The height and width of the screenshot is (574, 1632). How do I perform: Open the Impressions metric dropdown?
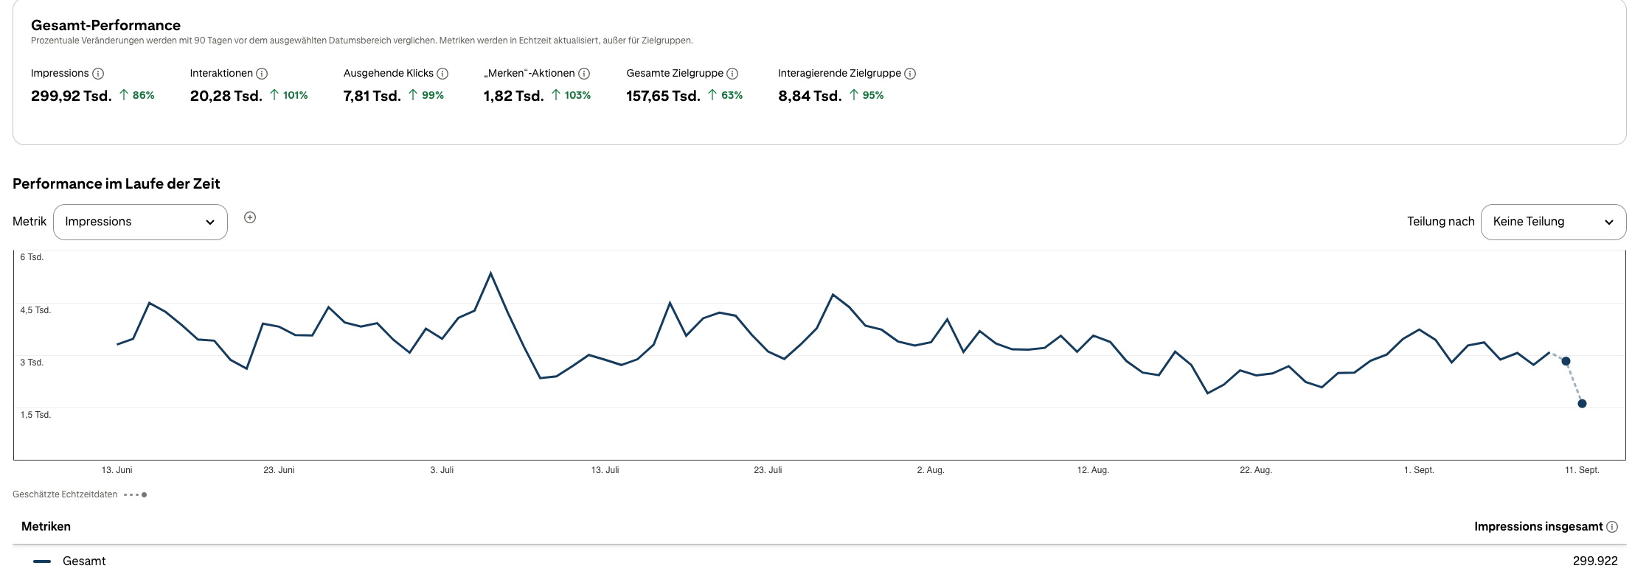(140, 222)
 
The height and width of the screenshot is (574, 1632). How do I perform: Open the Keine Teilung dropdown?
(1553, 222)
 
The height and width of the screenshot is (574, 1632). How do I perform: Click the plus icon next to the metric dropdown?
(250, 217)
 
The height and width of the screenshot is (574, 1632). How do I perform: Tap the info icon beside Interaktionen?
(262, 74)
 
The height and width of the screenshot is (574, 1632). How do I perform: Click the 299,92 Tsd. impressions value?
(72, 96)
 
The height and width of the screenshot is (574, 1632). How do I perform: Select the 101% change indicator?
(289, 95)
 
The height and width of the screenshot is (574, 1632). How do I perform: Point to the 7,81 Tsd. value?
(372, 96)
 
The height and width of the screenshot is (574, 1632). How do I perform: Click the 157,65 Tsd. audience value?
(664, 96)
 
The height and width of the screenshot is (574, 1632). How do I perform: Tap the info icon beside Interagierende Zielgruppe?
(910, 74)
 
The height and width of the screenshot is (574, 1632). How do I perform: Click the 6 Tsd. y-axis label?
(32, 257)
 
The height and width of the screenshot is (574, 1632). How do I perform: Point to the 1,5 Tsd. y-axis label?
(35, 415)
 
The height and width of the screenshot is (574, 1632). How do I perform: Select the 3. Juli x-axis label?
(442, 470)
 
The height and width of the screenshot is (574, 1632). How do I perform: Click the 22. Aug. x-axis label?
(1256, 470)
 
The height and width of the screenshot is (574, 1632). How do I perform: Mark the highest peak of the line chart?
(490, 273)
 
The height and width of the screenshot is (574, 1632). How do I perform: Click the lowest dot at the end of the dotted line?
(1582, 404)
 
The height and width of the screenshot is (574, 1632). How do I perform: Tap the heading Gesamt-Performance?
(105, 25)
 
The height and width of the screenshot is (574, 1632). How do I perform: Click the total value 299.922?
(1595, 561)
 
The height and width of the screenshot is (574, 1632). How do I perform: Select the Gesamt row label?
(84, 561)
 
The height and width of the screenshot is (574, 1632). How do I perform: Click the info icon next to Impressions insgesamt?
(1612, 527)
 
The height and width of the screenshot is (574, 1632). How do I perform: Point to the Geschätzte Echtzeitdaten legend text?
(65, 494)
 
